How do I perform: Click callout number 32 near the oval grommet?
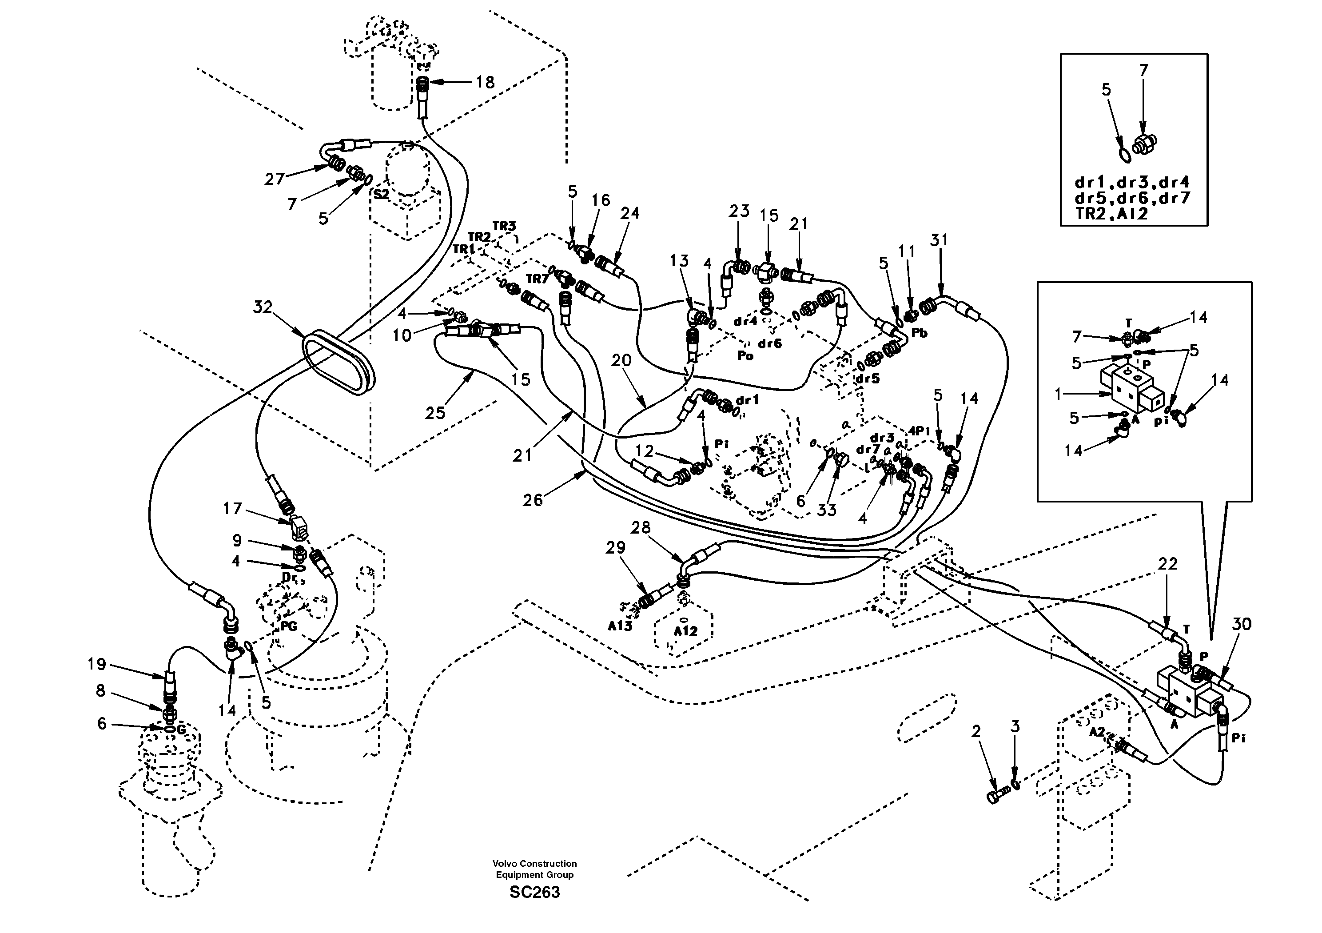(x=263, y=307)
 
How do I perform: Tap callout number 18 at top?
(x=485, y=82)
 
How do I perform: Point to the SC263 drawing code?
(x=534, y=892)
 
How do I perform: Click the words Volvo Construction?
(x=534, y=863)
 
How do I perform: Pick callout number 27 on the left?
(x=274, y=179)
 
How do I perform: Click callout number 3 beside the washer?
(x=1015, y=727)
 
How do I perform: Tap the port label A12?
(x=685, y=631)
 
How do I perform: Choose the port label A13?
(x=620, y=626)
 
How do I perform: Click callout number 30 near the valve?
(x=1242, y=624)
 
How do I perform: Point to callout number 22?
(x=1167, y=564)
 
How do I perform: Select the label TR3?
(x=504, y=226)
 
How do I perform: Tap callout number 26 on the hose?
(x=533, y=500)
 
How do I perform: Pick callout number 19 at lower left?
(x=97, y=665)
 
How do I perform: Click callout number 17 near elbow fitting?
(x=233, y=509)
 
